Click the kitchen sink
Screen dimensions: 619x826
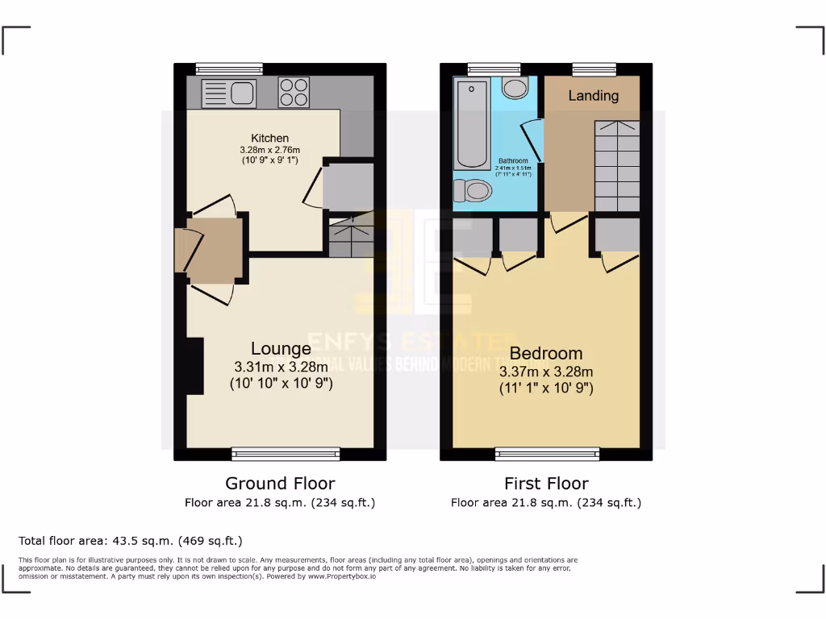coord(229,93)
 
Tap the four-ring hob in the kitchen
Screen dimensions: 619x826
coord(294,92)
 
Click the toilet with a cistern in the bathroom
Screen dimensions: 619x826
coord(473,191)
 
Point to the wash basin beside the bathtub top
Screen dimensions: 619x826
coord(513,88)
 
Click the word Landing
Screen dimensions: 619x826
coord(593,96)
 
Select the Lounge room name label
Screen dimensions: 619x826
coord(281,349)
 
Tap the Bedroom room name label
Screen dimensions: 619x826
coord(546,353)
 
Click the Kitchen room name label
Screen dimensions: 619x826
coord(269,138)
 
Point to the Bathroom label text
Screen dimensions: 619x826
coord(513,160)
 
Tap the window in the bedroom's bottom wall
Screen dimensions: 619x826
coord(547,455)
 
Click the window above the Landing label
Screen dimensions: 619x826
coord(594,69)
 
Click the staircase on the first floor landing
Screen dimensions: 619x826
coord(617,165)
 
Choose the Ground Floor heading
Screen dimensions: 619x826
coord(280,484)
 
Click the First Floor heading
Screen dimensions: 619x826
coord(546,484)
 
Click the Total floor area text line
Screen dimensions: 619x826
coord(130,540)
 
